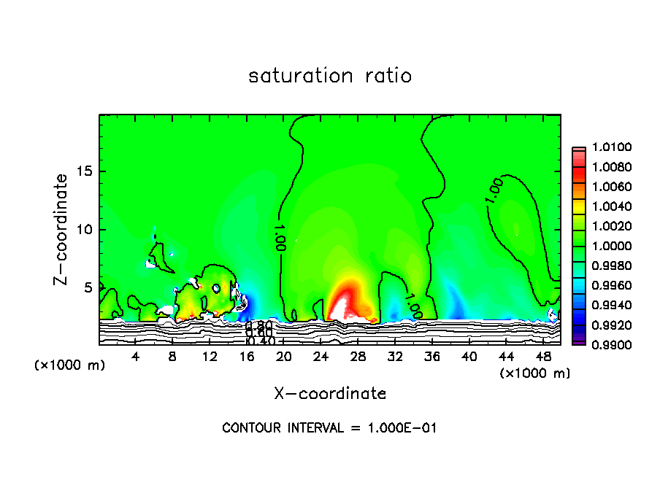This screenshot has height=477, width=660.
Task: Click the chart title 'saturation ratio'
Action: tap(330, 76)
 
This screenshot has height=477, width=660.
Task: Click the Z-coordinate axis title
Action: tap(63, 229)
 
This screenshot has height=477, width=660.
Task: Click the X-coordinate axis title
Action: tap(330, 394)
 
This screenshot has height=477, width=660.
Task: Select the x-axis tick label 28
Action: tap(358, 357)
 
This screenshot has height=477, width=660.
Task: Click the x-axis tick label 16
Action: tap(247, 357)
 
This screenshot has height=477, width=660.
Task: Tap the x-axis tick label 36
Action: tap(431, 357)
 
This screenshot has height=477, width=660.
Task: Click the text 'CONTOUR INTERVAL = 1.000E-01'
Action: tap(329, 428)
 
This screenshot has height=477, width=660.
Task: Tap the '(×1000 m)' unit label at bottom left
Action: tap(70, 365)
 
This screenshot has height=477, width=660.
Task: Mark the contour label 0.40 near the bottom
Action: tap(260, 341)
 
